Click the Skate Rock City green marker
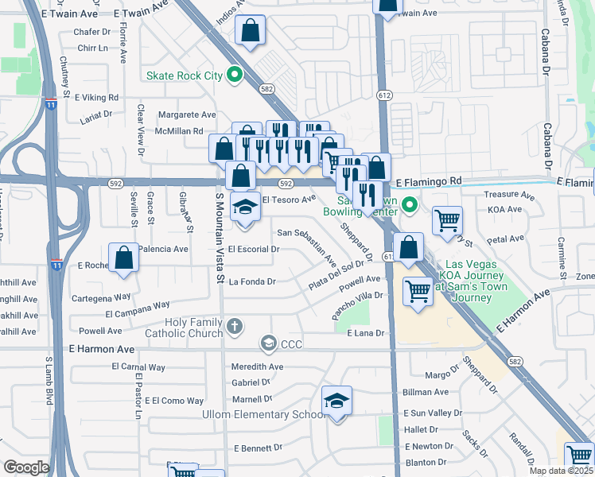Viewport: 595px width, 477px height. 234,76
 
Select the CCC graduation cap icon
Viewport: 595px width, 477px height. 268,343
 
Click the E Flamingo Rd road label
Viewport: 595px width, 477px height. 428,182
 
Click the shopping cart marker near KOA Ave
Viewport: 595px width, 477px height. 448,220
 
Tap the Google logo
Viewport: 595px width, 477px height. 26,467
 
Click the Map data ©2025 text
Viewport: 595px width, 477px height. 561,471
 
